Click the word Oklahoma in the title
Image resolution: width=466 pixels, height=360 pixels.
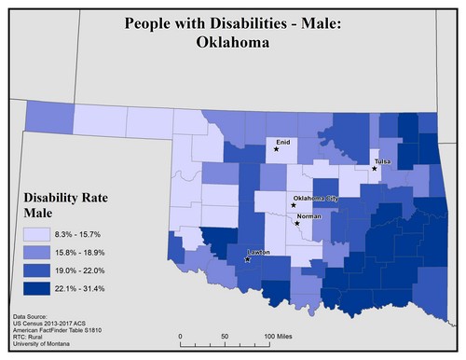[232, 42]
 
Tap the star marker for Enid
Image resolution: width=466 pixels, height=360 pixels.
[277, 148]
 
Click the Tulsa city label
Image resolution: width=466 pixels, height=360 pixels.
[383, 161]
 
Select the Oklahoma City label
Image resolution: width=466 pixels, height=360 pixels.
[316, 199]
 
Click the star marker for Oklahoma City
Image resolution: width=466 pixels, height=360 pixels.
[294, 206]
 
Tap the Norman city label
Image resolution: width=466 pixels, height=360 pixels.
[309, 216]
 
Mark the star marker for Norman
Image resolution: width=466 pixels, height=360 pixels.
[297, 223]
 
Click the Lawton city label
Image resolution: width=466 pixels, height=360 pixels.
[260, 252]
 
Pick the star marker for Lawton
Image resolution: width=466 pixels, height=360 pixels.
[247, 259]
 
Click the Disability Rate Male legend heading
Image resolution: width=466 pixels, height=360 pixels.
[62, 205]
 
